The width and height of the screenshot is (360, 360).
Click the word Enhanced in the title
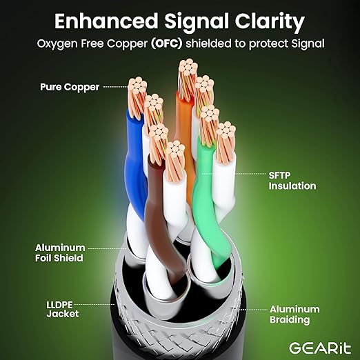point(106,21)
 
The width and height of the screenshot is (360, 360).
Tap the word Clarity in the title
point(270,22)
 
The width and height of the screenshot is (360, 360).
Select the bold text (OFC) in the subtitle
point(167,43)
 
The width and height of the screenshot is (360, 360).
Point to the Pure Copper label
point(70,87)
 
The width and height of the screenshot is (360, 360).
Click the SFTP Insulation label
point(292,181)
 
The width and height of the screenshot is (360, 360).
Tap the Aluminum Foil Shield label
point(60,253)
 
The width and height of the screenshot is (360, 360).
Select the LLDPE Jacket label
point(63,310)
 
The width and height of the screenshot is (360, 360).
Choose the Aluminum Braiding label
point(294,314)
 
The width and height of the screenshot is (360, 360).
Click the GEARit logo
point(320,348)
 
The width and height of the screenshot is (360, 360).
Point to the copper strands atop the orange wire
point(188,78)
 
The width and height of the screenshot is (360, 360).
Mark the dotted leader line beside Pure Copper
point(115,87)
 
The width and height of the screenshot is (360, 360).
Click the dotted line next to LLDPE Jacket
point(94,304)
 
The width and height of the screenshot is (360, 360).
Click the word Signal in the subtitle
point(308,43)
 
